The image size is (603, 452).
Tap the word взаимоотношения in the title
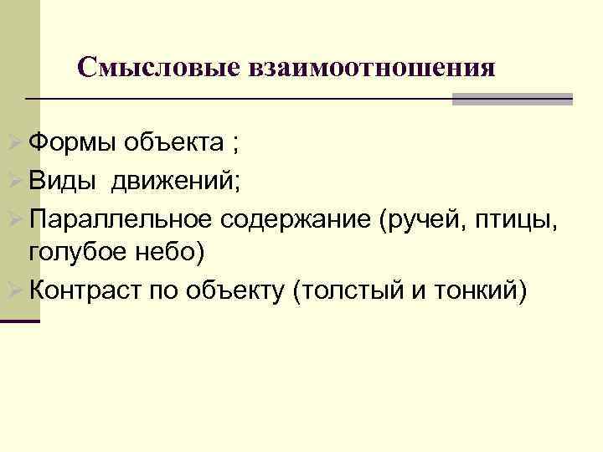(372, 67)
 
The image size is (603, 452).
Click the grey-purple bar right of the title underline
(512, 99)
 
